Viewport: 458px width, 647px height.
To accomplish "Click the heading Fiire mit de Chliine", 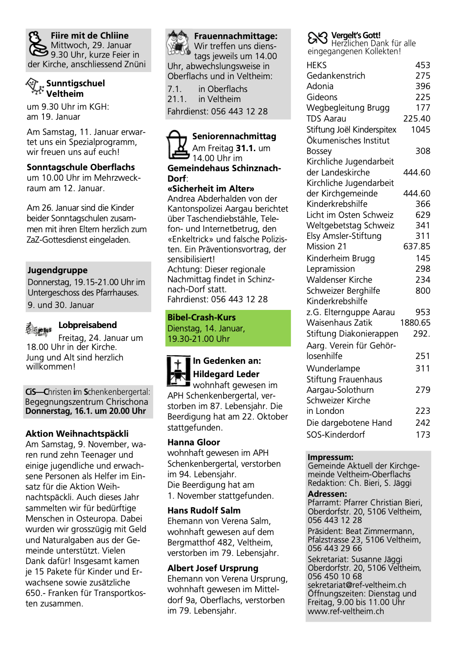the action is pos(90,36).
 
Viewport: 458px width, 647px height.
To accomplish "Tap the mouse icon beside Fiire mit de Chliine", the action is pos(38,43).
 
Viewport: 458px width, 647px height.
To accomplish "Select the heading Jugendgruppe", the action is pos(58,270).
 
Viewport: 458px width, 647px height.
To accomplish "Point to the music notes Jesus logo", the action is pos(39,329).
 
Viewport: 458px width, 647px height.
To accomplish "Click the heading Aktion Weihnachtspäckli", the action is pos(77,433).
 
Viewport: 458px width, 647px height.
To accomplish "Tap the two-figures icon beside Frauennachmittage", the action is pos(178,43).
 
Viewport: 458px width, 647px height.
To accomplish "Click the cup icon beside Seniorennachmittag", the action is pos(177,145).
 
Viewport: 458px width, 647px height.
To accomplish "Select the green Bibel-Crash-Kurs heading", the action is pos(201,317).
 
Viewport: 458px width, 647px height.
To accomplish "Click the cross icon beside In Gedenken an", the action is pos(178,370).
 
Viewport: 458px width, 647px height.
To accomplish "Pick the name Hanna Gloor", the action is pos(194,442).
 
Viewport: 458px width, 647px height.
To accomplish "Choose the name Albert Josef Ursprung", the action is pos(213,568).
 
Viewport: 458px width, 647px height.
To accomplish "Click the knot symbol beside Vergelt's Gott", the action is pos(317,38).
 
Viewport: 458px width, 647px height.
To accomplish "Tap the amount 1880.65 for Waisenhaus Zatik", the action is pos(415,323).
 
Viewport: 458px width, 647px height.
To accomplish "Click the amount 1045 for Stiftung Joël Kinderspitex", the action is pos(420,129).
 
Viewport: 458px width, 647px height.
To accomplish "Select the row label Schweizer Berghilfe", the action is pos(343,290).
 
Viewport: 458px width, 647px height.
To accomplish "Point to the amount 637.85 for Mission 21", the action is pos(416,246).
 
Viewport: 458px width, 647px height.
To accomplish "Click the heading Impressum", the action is pos(330,457).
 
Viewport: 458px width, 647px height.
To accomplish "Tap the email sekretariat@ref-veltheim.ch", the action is pos(357,585).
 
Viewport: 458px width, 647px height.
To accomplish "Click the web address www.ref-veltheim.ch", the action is pos(345,611).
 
